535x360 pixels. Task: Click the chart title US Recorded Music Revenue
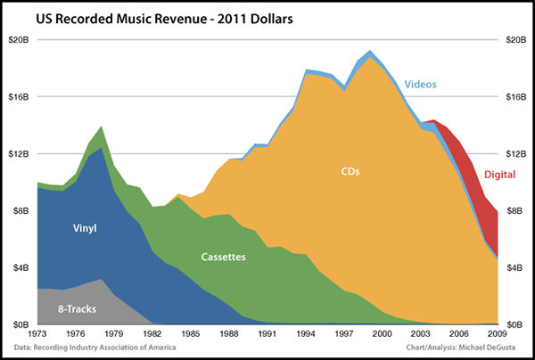click(x=151, y=19)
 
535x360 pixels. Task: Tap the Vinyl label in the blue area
click(x=84, y=228)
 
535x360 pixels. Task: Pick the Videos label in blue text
click(x=421, y=85)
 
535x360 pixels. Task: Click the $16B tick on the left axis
click(x=19, y=96)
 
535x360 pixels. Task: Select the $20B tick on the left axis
click(x=19, y=39)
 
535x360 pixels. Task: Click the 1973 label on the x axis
click(x=37, y=333)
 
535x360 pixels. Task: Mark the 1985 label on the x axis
click(x=190, y=333)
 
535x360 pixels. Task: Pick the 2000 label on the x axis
click(x=382, y=333)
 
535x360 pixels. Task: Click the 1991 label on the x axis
click(x=267, y=333)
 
